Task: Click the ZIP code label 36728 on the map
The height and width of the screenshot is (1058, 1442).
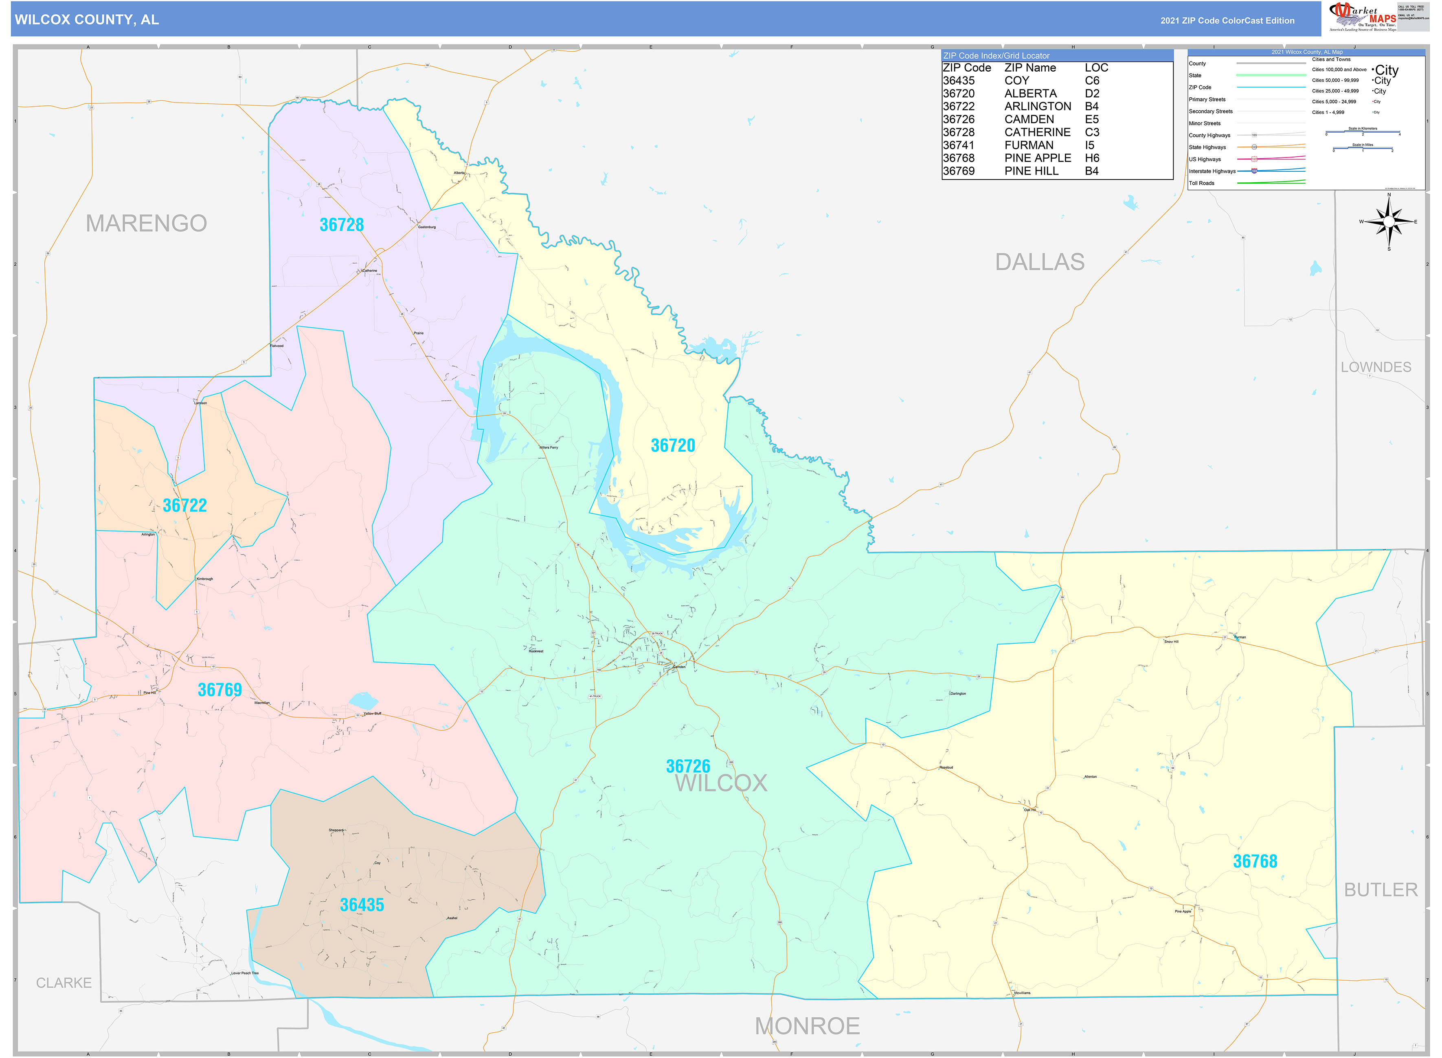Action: point(342,225)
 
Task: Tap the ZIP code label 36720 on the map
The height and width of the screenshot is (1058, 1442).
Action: point(672,446)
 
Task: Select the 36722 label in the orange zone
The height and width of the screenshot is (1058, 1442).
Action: point(184,506)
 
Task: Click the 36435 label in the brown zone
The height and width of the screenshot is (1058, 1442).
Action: point(362,905)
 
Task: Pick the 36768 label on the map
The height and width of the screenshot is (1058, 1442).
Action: point(1255,861)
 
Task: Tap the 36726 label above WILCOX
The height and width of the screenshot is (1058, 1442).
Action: point(688,766)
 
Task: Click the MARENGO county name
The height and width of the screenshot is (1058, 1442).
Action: point(146,223)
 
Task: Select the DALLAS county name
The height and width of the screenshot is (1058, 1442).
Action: point(1040,262)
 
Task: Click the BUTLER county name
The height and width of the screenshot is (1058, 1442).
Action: point(1381,890)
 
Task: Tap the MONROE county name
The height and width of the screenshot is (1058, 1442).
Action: point(807,1026)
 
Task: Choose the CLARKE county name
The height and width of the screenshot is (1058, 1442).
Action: point(64,982)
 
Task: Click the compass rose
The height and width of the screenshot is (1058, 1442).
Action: point(1388,222)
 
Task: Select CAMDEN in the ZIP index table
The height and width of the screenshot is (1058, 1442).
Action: point(1029,120)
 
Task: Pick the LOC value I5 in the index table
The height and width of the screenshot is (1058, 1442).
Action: point(1089,145)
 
